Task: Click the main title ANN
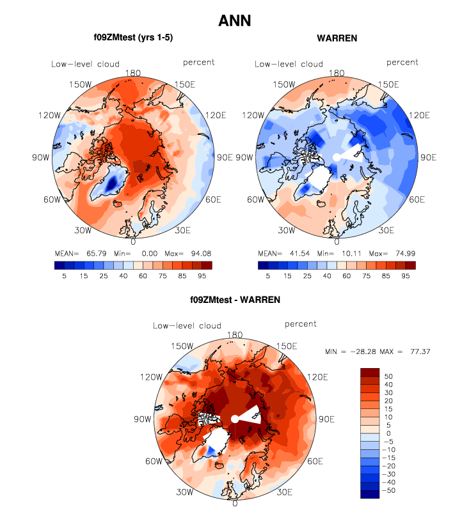[234, 20]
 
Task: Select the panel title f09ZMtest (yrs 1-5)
[133, 38]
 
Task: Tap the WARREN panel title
[337, 38]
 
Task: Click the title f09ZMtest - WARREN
[234, 299]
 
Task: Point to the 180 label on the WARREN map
[336, 74]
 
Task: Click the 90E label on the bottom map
[327, 420]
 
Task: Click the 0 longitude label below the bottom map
[235, 504]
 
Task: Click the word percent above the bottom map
[300, 324]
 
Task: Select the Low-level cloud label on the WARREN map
[289, 64]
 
